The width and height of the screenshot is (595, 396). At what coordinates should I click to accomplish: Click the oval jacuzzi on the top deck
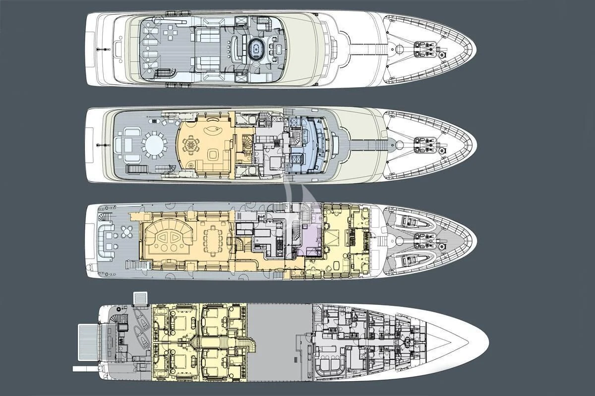[x=256, y=49]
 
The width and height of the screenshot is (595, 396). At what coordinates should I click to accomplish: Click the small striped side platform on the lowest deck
[x=141, y=299]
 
